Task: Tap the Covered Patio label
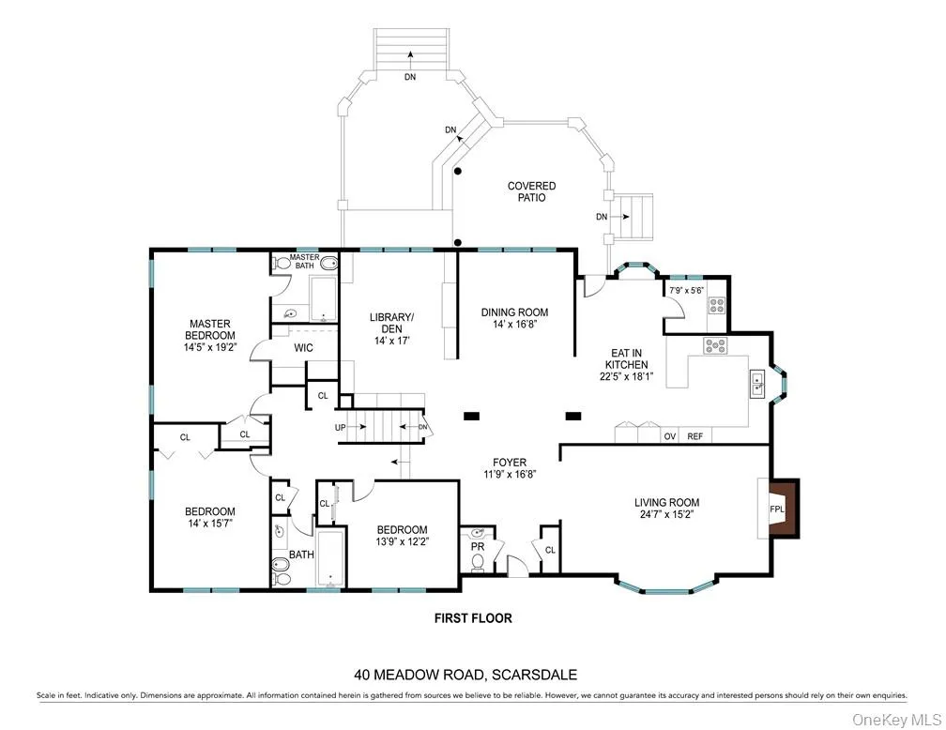click(x=531, y=191)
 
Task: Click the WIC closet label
click(x=303, y=348)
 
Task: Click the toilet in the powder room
click(x=477, y=562)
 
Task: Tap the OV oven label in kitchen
click(x=669, y=436)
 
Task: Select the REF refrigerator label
click(x=694, y=436)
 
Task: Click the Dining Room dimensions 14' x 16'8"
click(x=514, y=326)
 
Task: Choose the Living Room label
click(x=666, y=502)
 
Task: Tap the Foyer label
click(x=511, y=462)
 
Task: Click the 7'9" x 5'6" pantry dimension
click(x=685, y=291)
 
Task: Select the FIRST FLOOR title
click(x=472, y=618)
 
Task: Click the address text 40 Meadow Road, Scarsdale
click(x=465, y=674)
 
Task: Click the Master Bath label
click(x=304, y=262)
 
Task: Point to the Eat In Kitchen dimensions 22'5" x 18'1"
click(x=626, y=376)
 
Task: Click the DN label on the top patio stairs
click(x=410, y=77)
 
